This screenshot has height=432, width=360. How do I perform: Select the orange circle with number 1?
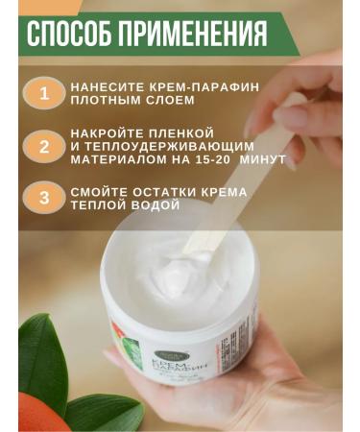[x=42, y=93]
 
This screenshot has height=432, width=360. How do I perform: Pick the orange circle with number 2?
[x=42, y=147]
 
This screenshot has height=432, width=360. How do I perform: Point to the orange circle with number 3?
[x=42, y=200]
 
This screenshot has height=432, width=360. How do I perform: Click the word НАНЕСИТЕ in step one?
[x=103, y=86]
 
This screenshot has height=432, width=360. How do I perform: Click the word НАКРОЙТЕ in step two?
[x=105, y=132]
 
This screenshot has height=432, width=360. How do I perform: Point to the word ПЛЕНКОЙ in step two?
[x=181, y=132]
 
